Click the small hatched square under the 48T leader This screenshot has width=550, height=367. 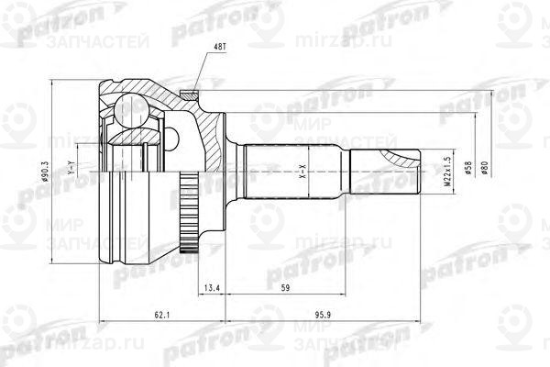[190, 91]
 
